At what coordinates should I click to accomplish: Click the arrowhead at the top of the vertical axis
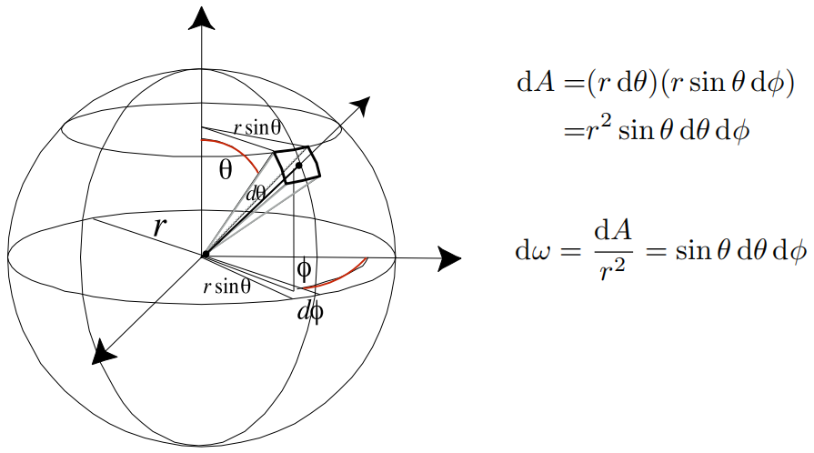[x=202, y=17]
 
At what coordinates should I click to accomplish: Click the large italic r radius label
[x=160, y=226]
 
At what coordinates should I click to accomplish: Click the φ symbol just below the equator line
[x=305, y=270]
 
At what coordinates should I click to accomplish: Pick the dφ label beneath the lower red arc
[x=310, y=312]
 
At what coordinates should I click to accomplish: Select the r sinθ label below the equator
[x=226, y=287]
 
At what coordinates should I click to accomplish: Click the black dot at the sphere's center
[x=206, y=254]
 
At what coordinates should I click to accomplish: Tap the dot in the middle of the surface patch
[x=298, y=166]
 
